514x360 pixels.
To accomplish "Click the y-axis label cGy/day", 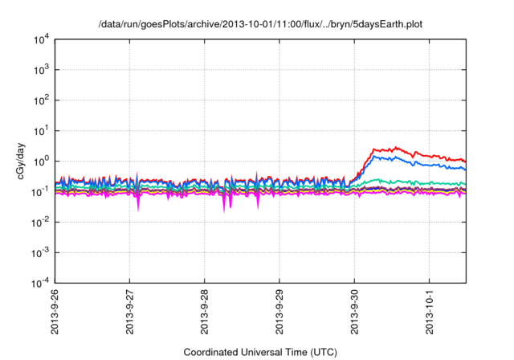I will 18,161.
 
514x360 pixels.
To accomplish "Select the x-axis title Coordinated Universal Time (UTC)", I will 259,352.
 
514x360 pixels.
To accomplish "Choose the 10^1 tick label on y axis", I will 41,131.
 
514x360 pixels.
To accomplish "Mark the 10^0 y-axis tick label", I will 41,162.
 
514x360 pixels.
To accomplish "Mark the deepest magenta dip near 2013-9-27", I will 138,211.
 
